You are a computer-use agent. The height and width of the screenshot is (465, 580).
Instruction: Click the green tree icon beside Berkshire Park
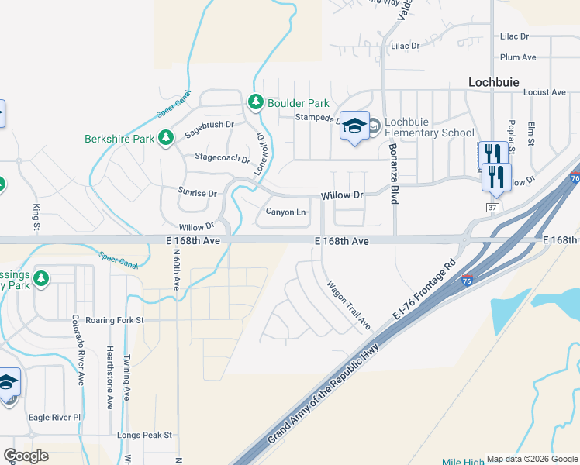tap(165, 138)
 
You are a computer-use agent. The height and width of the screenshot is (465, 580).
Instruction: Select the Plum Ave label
tap(519, 57)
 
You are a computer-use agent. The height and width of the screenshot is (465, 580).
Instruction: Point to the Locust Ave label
tap(545, 92)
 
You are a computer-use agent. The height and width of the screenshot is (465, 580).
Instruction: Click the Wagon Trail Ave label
tap(349, 304)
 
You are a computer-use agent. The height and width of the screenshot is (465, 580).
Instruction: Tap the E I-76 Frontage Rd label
tap(423, 289)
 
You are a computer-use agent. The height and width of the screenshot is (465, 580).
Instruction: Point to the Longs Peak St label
tap(143, 436)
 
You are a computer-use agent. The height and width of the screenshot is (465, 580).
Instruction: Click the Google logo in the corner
tap(26, 455)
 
